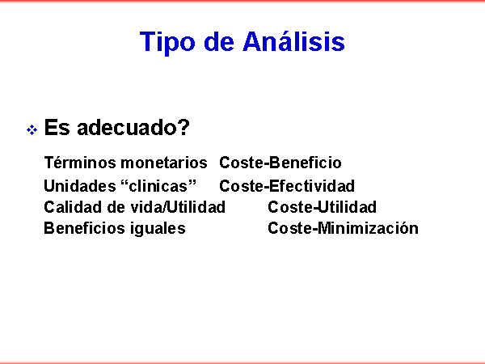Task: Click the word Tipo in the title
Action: (x=167, y=43)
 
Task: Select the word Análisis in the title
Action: (x=294, y=41)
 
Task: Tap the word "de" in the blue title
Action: (x=219, y=41)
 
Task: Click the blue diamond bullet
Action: (x=32, y=129)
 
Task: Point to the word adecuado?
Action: (x=133, y=127)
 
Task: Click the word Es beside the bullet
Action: (x=57, y=127)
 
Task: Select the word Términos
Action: (x=80, y=163)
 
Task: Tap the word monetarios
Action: (x=163, y=163)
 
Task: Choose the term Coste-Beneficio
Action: (x=280, y=163)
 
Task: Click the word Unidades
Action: (x=80, y=186)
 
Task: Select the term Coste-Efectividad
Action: (x=287, y=186)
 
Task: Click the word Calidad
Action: (x=73, y=207)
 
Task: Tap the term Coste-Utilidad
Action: (x=322, y=207)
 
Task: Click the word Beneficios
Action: (x=84, y=228)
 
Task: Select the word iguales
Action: (x=158, y=229)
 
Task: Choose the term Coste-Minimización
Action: (x=343, y=228)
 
